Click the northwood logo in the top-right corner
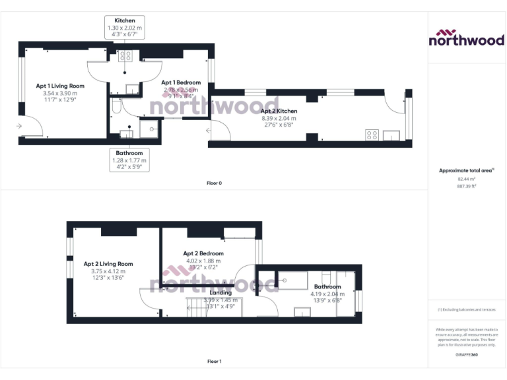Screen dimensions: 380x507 [467, 38]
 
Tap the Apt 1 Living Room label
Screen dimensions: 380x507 [60, 86]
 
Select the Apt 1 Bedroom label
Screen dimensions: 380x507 [181, 82]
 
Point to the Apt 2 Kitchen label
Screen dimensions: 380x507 [279, 111]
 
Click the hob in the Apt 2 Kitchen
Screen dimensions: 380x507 [372, 135]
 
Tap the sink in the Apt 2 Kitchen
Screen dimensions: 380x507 [394, 135]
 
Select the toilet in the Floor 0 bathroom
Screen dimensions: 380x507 [117, 106]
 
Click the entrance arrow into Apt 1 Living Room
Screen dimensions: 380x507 [20, 125]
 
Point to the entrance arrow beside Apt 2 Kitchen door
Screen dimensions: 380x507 [209, 131]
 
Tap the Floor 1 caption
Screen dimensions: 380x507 [215, 362]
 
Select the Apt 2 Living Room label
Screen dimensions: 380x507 [108, 264]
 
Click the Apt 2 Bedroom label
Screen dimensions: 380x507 [203, 253]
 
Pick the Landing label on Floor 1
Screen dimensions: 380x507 [220, 292]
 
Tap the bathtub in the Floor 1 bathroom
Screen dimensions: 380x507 [294, 280]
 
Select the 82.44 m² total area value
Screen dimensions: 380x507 [467, 179]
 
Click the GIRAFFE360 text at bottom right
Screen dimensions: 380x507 [467, 356]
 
